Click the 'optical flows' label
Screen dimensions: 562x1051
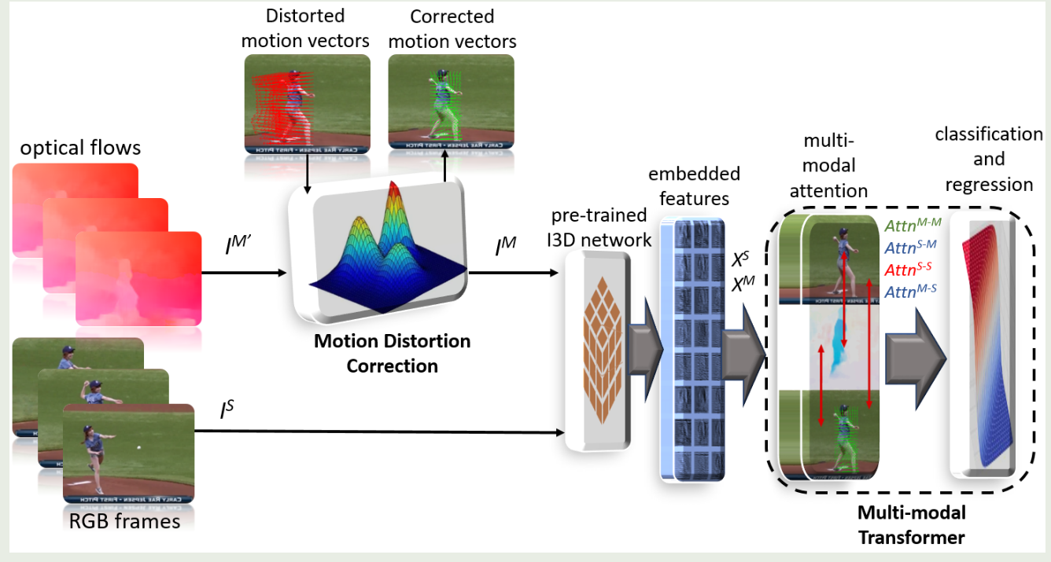pos(80,147)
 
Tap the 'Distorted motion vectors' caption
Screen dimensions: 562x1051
pos(306,28)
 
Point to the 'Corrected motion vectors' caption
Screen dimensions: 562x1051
pos(452,28)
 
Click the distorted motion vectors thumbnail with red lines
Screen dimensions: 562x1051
pos(306,104)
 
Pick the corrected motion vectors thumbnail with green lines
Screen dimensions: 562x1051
pos(451,102)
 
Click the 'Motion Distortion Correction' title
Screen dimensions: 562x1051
pos(392,354)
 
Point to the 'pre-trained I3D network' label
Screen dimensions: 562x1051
pos(601,227)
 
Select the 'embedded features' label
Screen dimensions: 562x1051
pos(693,185)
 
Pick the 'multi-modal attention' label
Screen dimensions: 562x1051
pos(835,165)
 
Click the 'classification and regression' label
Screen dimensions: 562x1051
pos(988,160)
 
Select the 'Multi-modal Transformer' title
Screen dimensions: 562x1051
pos(911,525)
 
